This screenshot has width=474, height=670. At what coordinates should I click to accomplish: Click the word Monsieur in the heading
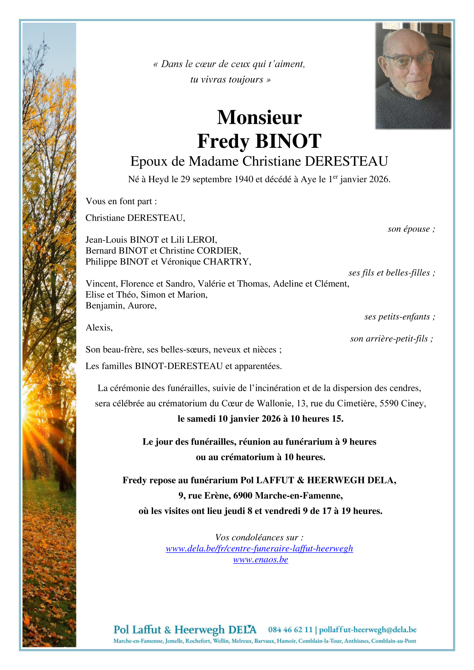(x=259, y=117)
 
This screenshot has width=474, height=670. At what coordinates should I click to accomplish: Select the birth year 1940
(x=244, y=179)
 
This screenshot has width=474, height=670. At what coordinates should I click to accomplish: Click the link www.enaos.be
(x=260, y=559)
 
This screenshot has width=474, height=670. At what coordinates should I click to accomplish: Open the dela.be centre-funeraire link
(x=259, y=548)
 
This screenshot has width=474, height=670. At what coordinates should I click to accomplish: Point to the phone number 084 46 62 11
(x=290, y=630)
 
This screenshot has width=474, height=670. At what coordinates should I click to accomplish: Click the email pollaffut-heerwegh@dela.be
(x=368, y=630)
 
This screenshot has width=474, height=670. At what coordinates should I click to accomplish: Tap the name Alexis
(x=99, y=328)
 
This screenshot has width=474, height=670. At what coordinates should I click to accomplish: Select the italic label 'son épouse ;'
(x=411, y=229)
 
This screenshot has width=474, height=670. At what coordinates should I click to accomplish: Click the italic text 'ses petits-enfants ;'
(x=400, y=317)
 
